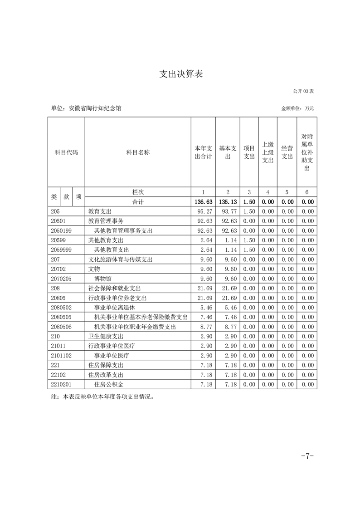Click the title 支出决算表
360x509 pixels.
pyautogui.click(x=180, y=74)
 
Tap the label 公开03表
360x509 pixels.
pyautogui.click(x=303, y=91)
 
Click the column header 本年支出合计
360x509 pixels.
pyautogui.click(x=203, y=152)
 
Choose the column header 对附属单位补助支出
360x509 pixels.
pyautogui.click(x=307, y=152)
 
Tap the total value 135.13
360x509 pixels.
pyautogui.click(x=228, y=202)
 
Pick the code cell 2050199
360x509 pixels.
pyautogui.click(x=60, y=231)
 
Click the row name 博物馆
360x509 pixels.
pyautogui.click(x=103, y=279)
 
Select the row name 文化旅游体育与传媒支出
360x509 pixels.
pyautogui.click(x=120, y=259)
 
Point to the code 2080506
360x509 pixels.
pyautogui.click(x=60, y=327)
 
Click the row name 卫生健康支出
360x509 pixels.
pyautogui.click(x=106, y=336)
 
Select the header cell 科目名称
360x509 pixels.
pyautogui.click(x=138, y=152)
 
